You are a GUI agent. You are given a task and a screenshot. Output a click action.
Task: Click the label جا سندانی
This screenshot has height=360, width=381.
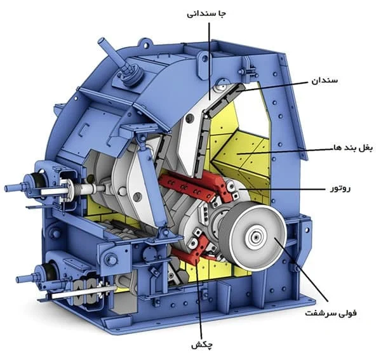[206, 14]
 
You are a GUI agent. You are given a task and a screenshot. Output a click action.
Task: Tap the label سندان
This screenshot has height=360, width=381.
[324, 81]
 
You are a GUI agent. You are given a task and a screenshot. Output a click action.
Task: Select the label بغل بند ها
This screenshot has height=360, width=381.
[353, 148]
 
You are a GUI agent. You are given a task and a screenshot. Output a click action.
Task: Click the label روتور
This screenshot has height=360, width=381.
[340, 189]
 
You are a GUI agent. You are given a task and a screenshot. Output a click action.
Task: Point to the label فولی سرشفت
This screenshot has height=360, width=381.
[331, 313]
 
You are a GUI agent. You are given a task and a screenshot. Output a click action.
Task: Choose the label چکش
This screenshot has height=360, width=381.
[202, 345]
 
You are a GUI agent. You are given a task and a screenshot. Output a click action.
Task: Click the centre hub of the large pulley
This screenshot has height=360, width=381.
[256, 236]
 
